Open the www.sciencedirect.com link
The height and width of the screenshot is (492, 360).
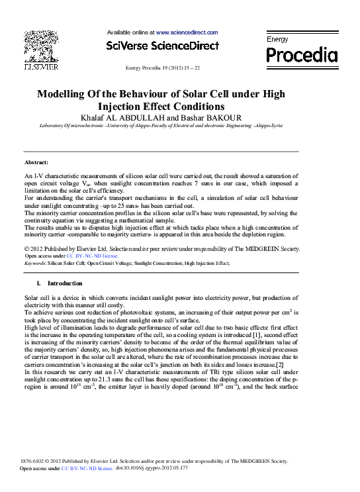click(187, 32)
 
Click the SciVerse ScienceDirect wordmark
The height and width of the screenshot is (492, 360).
click(162, 46)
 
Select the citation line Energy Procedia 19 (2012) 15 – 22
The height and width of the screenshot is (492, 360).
click(162, 68)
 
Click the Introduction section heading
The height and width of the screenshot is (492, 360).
click(65, 283)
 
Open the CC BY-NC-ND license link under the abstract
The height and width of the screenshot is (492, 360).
click(93, 255)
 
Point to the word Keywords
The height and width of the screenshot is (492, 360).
click(34, 263)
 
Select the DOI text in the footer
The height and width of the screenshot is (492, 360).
click(152, 467)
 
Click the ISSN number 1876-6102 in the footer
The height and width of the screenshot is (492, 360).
click(35, 460)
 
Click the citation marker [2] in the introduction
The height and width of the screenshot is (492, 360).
click(280, 365)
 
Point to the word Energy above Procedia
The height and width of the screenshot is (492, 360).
click(277, 39)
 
